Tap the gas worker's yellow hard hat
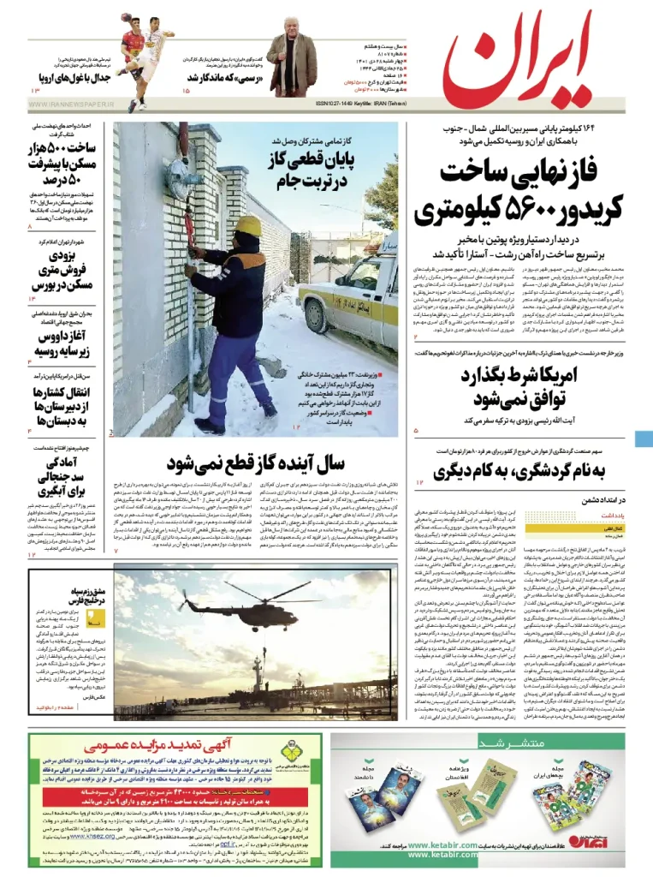tap(248, 224)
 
